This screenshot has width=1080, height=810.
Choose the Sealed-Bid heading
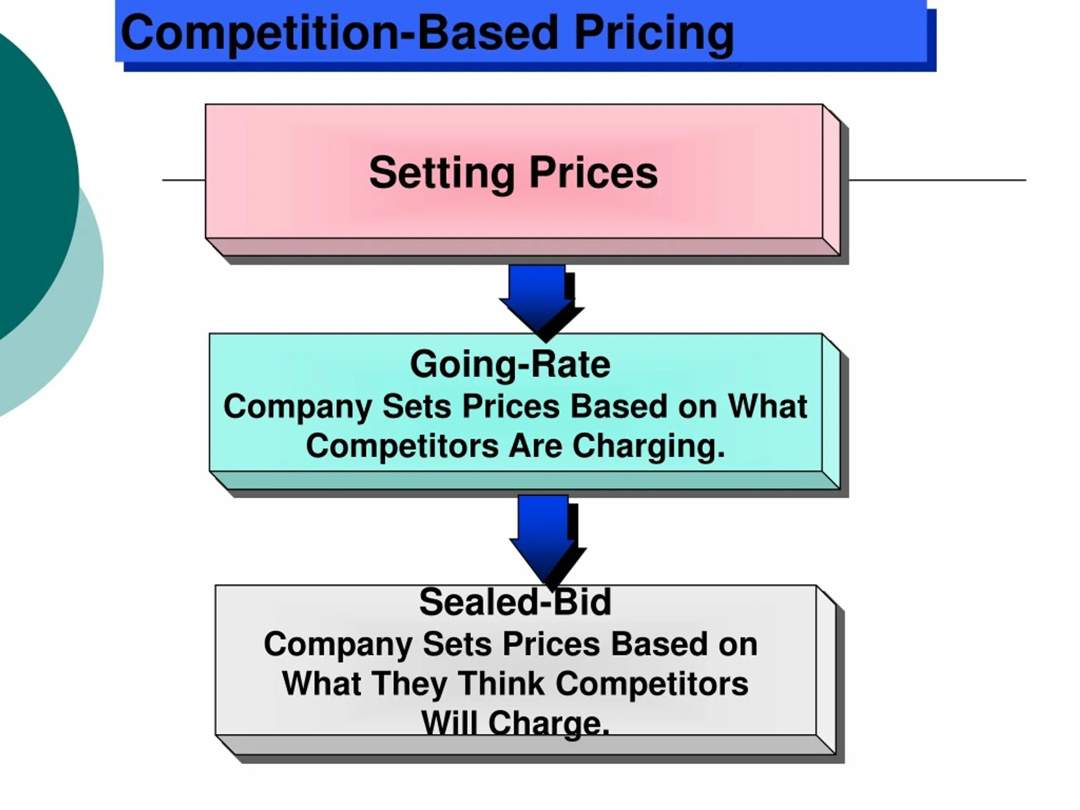pyautogui.click(x=515, y=602)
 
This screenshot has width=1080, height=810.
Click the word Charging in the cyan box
pyautogui.click(x=648, y=446)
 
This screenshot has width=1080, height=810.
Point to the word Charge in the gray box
pyautogui.click(x=548, y=723)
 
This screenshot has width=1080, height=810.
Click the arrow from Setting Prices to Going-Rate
pyautogui.click(x=540, y=300)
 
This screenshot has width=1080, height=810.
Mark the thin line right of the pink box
pyautogui.click(x=937, y=180)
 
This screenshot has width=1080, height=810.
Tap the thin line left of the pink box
pyautogui.click(x=184, y=180)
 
